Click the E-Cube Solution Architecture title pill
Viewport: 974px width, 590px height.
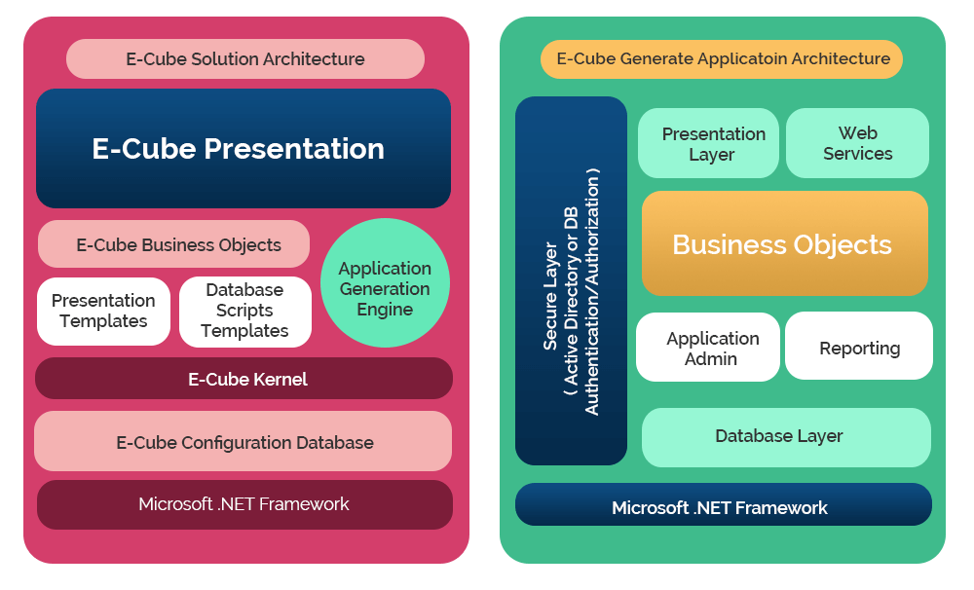point(245,58)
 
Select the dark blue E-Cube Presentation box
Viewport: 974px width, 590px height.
point(243,149)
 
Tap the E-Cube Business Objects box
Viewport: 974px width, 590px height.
point(173,244)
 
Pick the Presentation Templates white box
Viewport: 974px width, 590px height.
point(103,311)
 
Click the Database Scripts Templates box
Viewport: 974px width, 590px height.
point(245,311)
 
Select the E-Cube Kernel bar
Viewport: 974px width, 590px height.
point(243,379)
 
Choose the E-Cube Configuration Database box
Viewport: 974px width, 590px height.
point(243,442)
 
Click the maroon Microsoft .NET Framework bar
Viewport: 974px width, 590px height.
point(243,504)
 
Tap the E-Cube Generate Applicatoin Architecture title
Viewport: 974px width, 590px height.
point(723,58)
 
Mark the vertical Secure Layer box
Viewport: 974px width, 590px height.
point(571,281)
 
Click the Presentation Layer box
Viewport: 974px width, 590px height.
point(709,143)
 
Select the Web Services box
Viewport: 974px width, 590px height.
point(857,143)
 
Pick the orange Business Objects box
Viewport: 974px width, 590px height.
point(784,243)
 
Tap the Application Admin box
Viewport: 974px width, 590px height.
point(708,348)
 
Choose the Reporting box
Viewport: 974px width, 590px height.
point(859,348)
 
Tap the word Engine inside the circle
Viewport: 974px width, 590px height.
point(385,310)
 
